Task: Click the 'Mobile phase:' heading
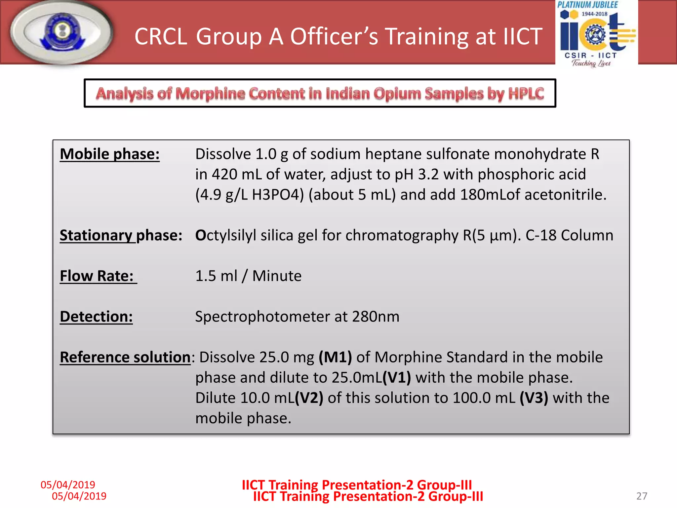[x=109, y=154]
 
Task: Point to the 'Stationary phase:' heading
[x=121, y=235]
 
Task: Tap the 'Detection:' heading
[x=96, y=317]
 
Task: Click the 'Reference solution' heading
[x=125, y=357]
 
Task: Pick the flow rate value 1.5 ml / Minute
[x=248, y=276]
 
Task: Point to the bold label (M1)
[x=335, y=357]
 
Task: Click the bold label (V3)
[x=534, y=398]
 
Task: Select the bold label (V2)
[x=309, y=398]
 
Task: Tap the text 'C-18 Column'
[x=569, y=235]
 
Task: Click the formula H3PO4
[x=278, y=194]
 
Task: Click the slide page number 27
[x=642, y=496]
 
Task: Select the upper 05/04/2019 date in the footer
[x=68, y=485]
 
